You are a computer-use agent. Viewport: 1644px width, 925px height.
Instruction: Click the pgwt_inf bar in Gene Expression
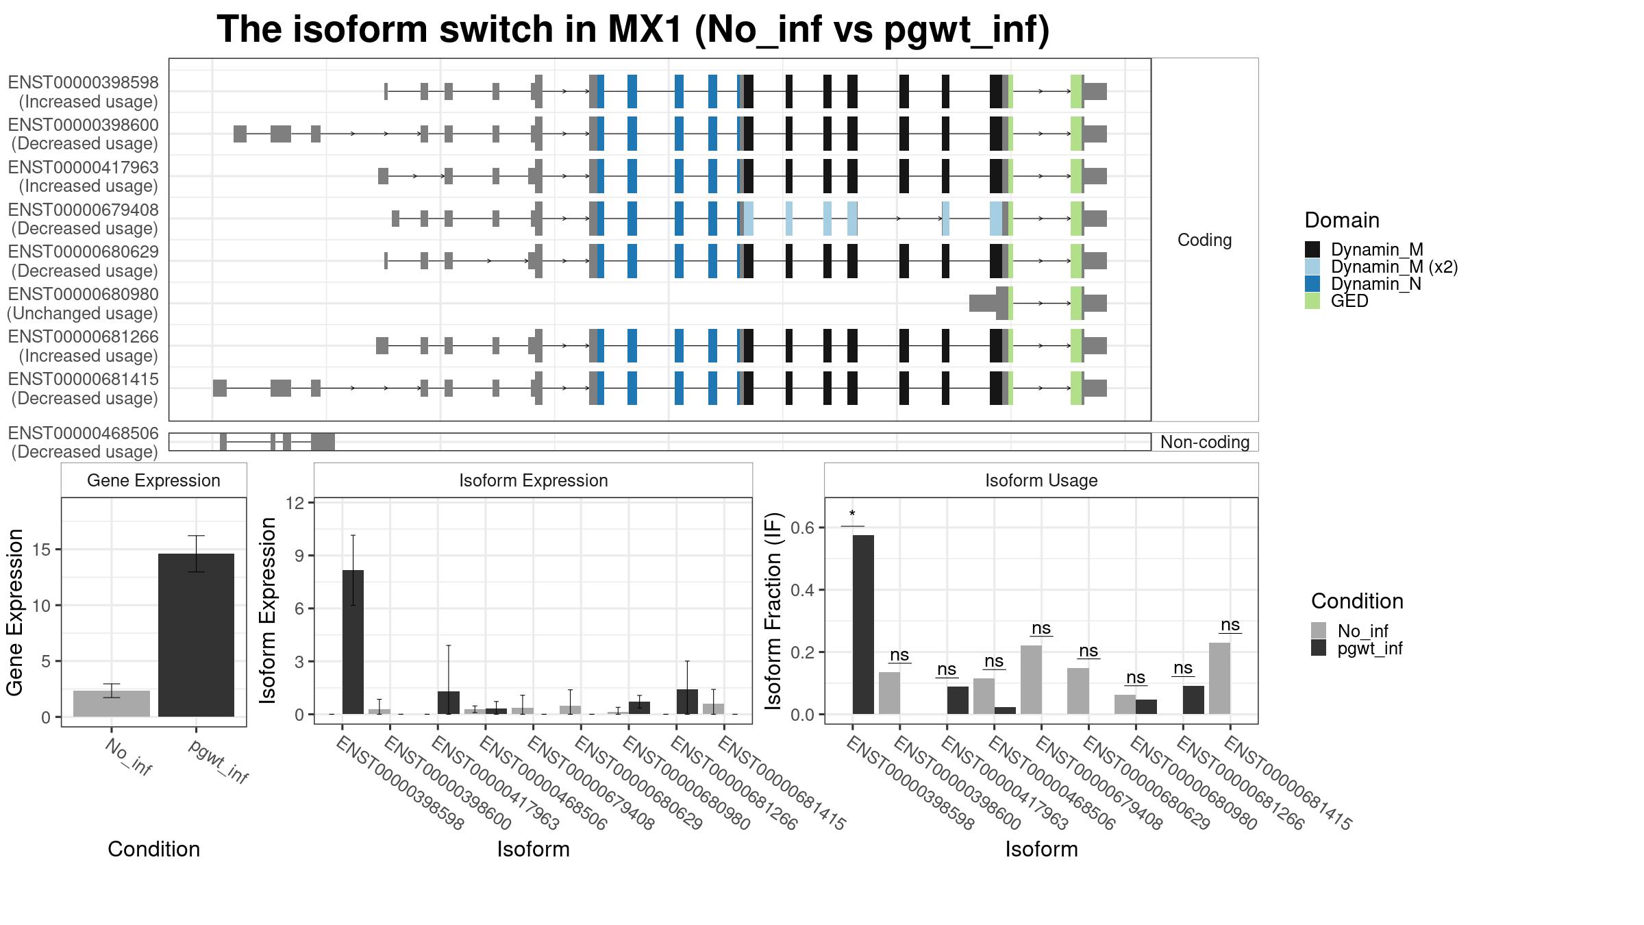(x=196, y=635)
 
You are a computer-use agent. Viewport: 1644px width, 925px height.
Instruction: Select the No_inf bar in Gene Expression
(x=112, y=704)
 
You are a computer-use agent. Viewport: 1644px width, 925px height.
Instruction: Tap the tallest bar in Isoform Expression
(x=353, y=642)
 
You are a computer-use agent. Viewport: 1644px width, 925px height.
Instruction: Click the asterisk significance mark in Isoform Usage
(x=852, y=515)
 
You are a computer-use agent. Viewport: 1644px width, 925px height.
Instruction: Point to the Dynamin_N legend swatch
(x=1312, y=284)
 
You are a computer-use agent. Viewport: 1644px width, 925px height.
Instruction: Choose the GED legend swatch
(x=1312, y=301)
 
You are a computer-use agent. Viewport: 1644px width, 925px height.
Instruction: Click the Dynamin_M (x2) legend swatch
(x=1312, y=267)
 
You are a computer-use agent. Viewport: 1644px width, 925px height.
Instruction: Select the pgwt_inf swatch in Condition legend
(x=1319, y=648)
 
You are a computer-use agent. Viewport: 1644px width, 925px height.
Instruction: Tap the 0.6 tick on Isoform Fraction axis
(x=803, y=528)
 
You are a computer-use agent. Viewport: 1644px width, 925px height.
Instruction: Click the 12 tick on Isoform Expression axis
(x=295, y=503)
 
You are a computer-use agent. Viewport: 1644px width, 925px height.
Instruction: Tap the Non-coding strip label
(x=1205, y=442)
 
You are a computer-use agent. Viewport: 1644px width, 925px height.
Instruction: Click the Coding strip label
(x=1204, y=240)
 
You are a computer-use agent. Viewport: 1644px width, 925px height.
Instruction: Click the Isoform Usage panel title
(x=1041, y=480)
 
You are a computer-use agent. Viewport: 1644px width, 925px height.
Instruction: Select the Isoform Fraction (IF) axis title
(x=774, y=610)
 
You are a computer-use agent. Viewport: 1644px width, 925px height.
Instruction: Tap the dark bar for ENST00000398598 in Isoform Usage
(x=863, y=624)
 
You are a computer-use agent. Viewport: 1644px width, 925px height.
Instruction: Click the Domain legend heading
(x=1342, y=220)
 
